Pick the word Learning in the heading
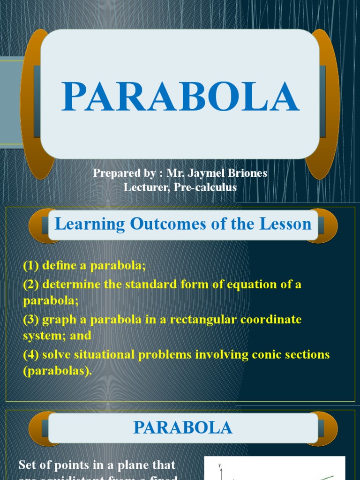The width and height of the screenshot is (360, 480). [x=90, y=224]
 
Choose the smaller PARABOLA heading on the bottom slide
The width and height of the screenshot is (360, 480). [x=183, y=427]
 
